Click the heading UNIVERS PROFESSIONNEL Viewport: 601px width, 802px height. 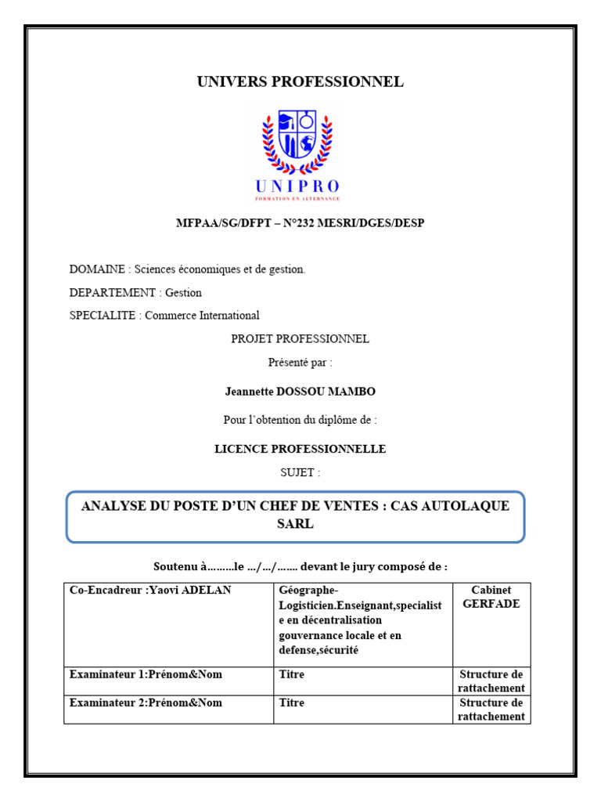[x=300, y=81]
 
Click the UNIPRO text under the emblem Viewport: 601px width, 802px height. [x=297, y=186]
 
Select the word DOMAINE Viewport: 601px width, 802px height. [x=97, y=269]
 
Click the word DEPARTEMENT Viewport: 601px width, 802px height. [x=113, y=293]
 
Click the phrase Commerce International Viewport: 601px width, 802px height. [x=202, y=316]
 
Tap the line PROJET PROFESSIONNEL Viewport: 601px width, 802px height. [x=300, y=339]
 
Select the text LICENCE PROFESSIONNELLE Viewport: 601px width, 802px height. [x=300, y=449]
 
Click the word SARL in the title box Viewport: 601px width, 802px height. [x=295, y=524]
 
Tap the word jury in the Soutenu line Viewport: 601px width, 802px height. [x=360, y=566]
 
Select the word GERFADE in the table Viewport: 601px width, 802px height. [x=491, y=604]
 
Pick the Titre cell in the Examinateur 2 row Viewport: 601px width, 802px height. [x=292, y=703]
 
